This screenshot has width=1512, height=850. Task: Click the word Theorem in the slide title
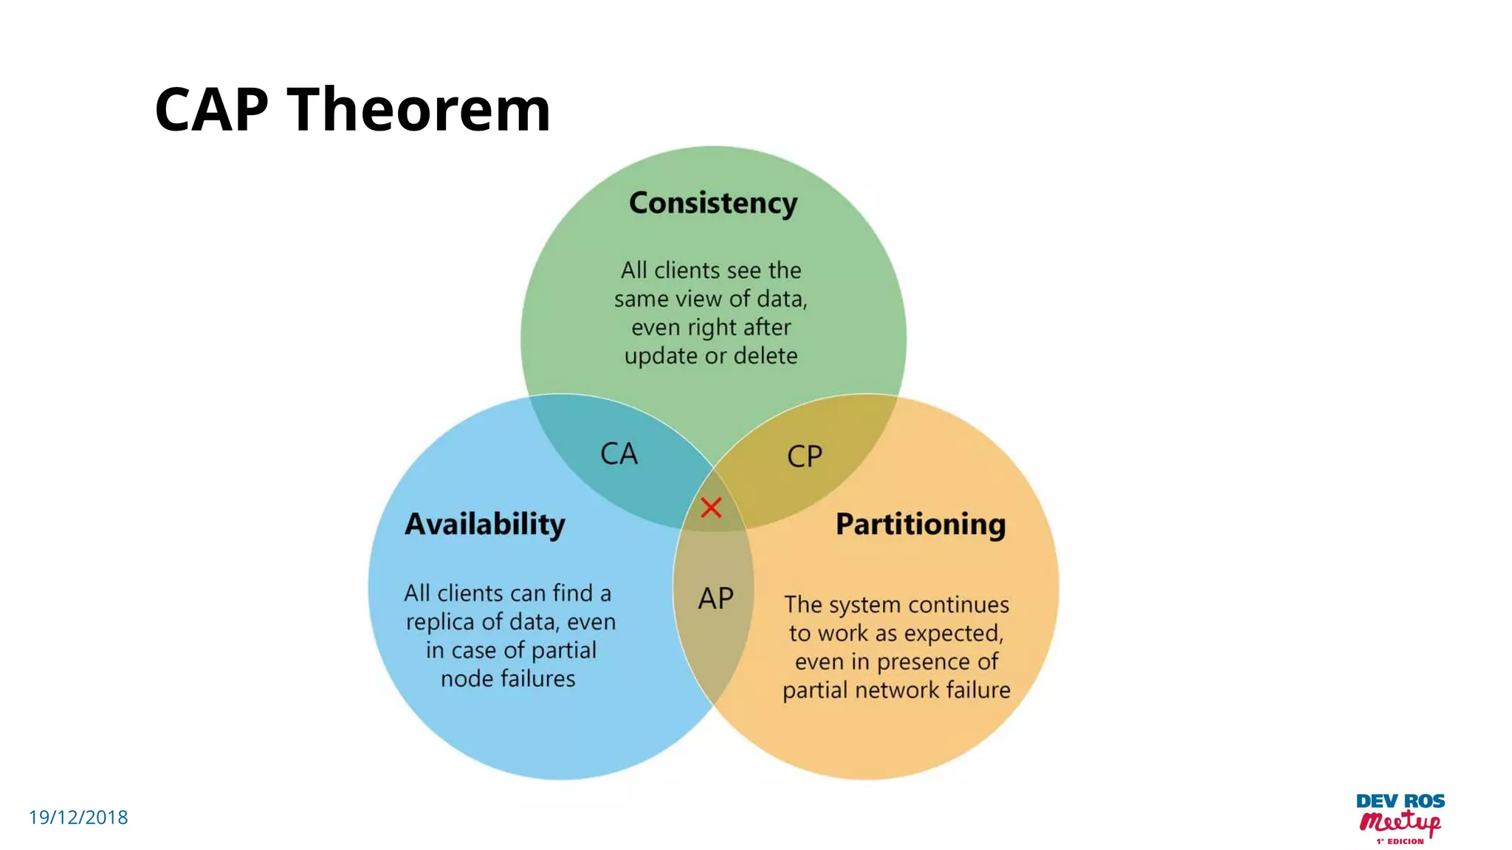pos(419,110)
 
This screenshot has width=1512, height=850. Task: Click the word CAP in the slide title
pos(211,110)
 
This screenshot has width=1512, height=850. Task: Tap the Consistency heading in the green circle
pos(713,203)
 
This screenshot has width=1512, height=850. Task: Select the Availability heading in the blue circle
pos(485,525)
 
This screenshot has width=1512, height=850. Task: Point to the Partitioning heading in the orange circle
pos(921,525)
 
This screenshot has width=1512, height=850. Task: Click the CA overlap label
pos(619,454)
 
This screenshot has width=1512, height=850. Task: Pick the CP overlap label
pos(804,457)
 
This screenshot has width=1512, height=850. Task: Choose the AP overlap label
pos(715,598)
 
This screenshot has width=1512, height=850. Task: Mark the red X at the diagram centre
pos(711,508)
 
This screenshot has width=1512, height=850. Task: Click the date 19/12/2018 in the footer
pos(78,818)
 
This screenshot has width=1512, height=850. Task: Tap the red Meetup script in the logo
pos(1400,822)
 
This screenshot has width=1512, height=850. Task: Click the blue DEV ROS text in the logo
pos(1400,801)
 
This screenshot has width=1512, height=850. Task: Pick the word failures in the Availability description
pos(537,679)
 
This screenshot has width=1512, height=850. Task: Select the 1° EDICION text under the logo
pos(1400,841)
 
